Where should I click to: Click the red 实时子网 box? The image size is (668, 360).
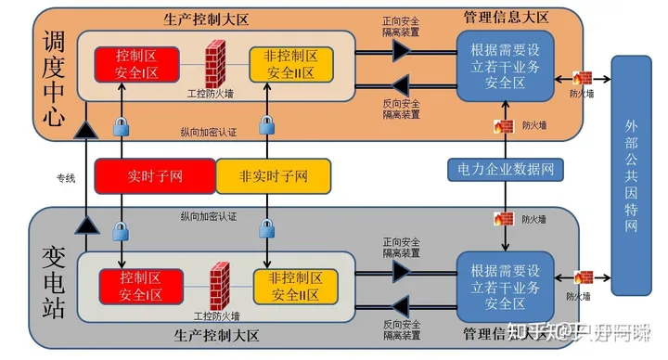tap(155, 175)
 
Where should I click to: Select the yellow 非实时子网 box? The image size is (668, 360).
tap(274, 175)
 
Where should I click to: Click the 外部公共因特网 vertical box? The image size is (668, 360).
tap(633, 176)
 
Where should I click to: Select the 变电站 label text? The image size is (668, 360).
tap(52, 282)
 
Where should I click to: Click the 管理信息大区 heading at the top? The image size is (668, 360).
tap(507, 17)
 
